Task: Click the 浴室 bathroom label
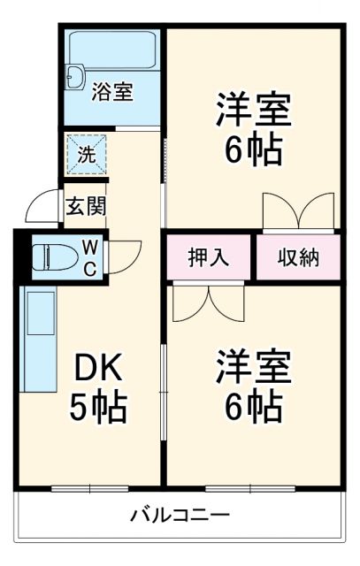click(112, 90)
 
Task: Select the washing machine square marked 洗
click(86, 153)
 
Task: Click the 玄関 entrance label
click(86, 206)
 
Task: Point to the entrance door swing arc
click(42, 207)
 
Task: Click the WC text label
click(90, 257)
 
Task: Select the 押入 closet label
click(209, 257)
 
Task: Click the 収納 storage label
click(298, 257)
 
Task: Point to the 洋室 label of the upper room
click(252, 112)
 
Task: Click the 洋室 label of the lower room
click(252, 367)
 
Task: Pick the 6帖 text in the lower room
click(252, 408)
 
